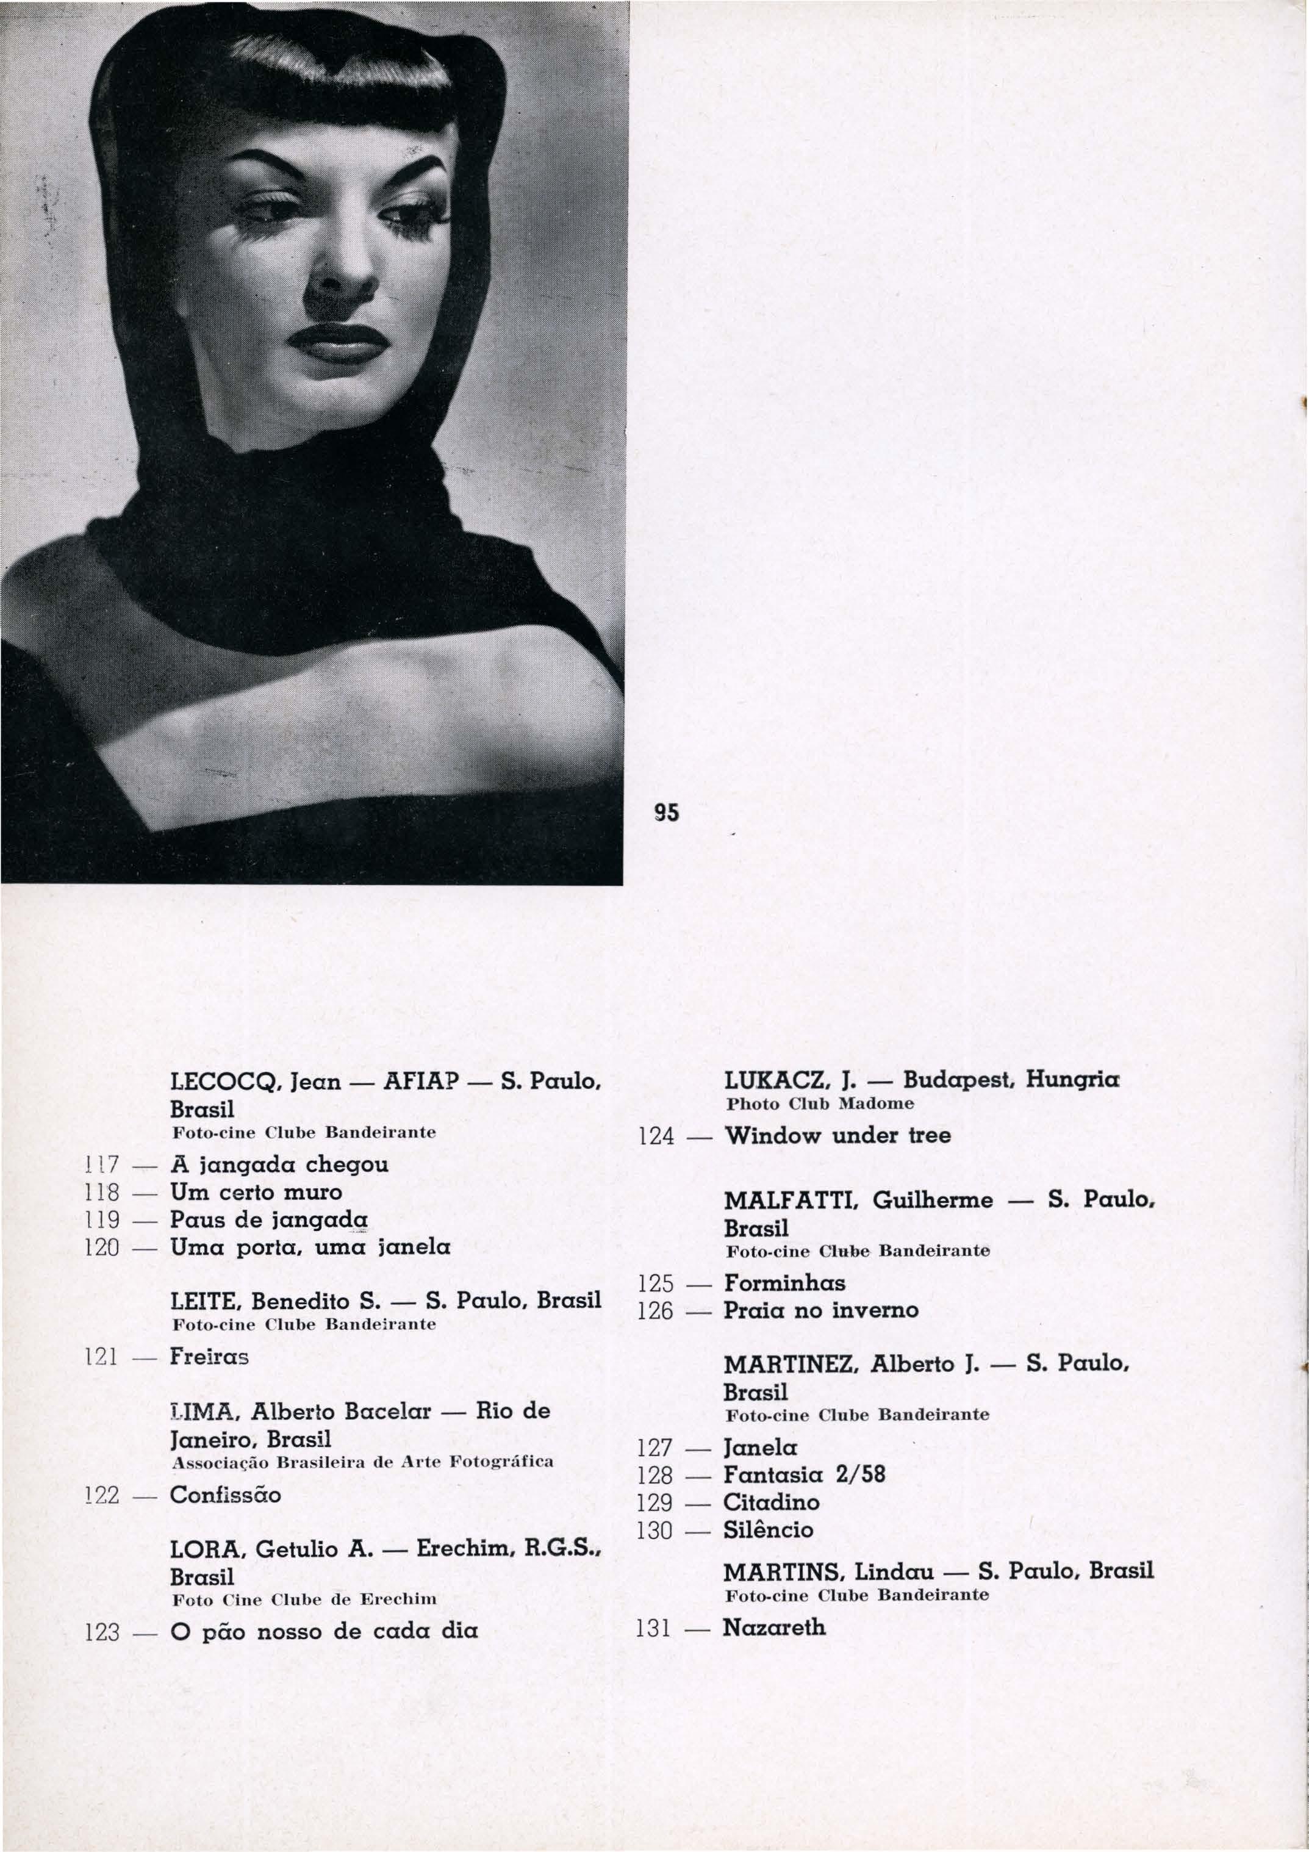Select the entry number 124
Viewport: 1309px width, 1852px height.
[x=655, y=1137]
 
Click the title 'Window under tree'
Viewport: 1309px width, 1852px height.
[x=836, y=1136]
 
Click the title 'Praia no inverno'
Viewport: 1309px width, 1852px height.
[x=820, y=1310]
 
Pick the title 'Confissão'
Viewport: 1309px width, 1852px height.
[x=225, y=1495]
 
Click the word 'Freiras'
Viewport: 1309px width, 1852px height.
[x=209, y=1357]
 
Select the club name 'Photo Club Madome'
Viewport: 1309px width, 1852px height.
[x=819, y=1103]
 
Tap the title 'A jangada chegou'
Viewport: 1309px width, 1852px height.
[x=279, y=1165]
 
